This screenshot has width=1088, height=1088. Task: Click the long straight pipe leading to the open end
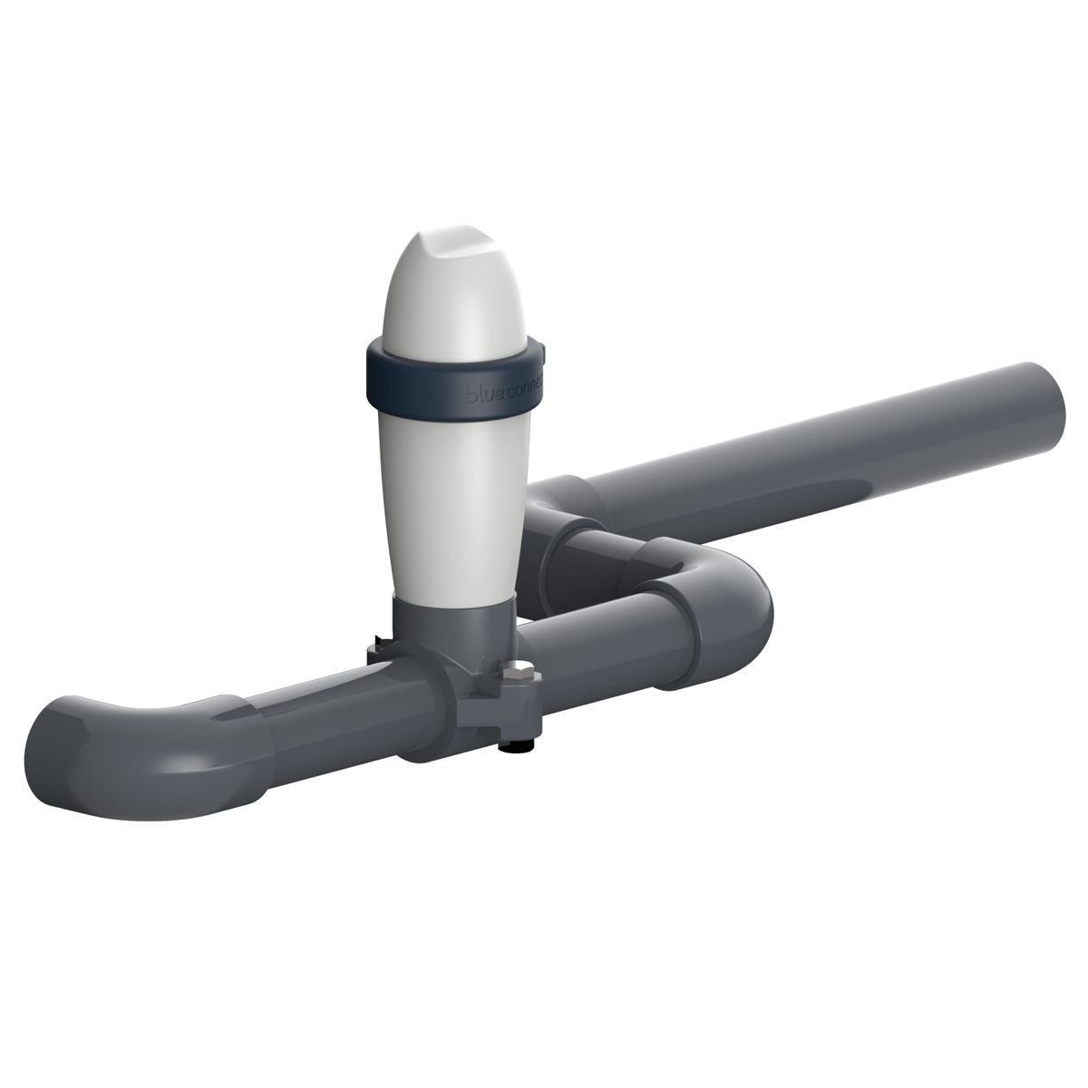[816, 453]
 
